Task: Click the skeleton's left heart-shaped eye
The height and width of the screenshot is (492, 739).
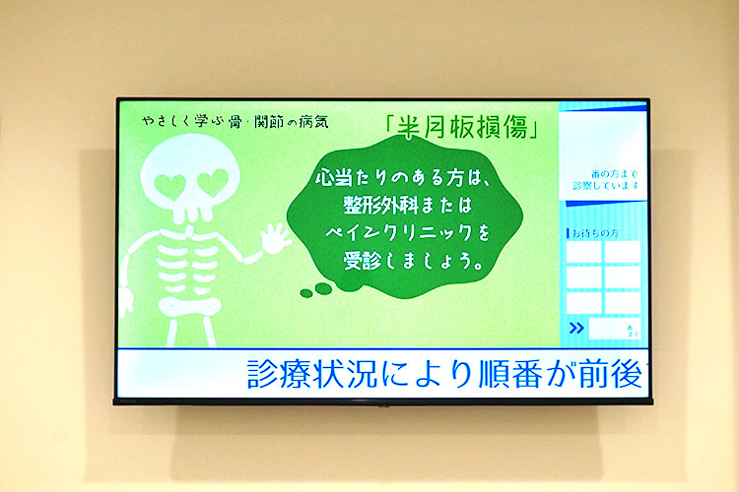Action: [179, 181]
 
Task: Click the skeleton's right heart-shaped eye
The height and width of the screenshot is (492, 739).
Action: [213, 182]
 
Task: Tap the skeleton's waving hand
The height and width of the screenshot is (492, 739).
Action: [275, 237]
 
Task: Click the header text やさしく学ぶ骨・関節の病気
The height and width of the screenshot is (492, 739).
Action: [235, 124]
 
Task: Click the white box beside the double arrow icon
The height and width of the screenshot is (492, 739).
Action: [613, 329]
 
